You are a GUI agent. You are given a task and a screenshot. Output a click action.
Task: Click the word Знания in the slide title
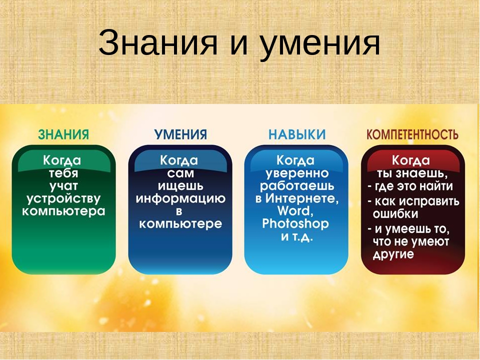pyautogui.click(x=158, y=42)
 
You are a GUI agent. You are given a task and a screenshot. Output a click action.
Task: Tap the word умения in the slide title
pyautogui.click(x=319, y=45)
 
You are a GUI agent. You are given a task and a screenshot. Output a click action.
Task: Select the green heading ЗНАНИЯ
pyautogui.click(x=63, y=134)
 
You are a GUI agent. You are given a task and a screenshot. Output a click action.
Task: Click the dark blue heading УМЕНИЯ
pyautogui.click(x=180, y=134)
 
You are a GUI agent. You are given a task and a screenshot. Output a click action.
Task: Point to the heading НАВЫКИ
pyautogui.click(x=297, y=134)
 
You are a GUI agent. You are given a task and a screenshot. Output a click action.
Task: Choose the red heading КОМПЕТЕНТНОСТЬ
pyautogui.click(x=412, y=134)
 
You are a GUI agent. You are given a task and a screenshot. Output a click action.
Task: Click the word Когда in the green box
pyautogui.click(x=62, y=160)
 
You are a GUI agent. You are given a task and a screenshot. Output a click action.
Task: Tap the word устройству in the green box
pyautogui.click(x=63, y=199)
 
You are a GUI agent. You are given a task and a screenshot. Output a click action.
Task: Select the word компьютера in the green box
pyautogui.click(x=63, y=211)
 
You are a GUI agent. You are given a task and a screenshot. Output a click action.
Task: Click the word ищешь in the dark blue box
pyautogui.click(x=180, y=186)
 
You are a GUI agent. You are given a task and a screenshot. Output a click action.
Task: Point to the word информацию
pyautogui.click(x=180, y=199)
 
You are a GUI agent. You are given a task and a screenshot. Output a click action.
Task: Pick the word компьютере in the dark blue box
pyautogui.click(x=180, y=224)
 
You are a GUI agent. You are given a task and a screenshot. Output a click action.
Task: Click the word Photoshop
pyautogui.click(x=295, y=224)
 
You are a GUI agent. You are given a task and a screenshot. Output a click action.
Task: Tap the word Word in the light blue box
pyautogui.click(x=295, y=211)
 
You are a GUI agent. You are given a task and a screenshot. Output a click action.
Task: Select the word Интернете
pyautogui.click(x=302, y=199)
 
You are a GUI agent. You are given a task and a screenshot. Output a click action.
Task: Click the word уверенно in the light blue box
pyautogui.click(x=297, y=174)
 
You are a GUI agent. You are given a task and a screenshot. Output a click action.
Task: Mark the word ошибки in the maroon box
pyautogui.click(x=395, y=214)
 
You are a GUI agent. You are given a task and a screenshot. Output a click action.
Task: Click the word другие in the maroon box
pyautogui.click(x=393, y=254)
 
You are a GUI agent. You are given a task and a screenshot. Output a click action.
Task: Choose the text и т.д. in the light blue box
pyautogui.click(x=297, y=236)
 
